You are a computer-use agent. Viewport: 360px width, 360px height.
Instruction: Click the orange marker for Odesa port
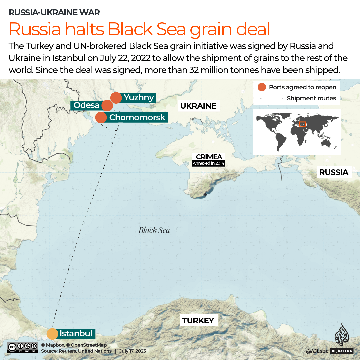tap(107, 105)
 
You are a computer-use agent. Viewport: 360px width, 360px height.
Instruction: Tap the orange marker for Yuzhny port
tap(116, 98)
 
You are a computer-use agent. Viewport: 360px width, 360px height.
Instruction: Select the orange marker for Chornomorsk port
tap(101, 117)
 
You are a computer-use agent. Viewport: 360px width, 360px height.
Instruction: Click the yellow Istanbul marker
tap(52, 333)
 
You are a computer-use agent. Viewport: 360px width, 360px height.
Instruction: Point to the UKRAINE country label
tap(198, 106)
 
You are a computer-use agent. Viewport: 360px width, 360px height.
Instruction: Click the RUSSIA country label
tap(333, 172)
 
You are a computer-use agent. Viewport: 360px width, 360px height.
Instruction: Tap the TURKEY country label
tap(198, 321)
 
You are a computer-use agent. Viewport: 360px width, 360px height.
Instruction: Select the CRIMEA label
tap(209, 157)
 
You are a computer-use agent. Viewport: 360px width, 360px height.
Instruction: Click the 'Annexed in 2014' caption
tap(209, 163)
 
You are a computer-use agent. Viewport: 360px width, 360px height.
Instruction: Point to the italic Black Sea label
tap(154, 230)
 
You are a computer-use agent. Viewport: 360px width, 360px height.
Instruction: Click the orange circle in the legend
tap(262, 87)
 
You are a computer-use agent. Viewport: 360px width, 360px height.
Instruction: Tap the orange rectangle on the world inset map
tap(303, 124)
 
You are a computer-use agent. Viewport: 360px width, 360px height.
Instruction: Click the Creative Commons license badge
tap(22, 347)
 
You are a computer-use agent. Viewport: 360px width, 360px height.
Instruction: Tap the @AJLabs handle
tap(317, 351)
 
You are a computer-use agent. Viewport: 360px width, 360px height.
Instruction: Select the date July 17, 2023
tap(132, 351)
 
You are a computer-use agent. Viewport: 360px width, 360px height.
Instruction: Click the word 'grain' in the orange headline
tap(211, 29)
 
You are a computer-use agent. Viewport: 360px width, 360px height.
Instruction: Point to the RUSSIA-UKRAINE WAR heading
tap(54, 13)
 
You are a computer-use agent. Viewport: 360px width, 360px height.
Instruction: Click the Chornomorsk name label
tap(137, 117)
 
